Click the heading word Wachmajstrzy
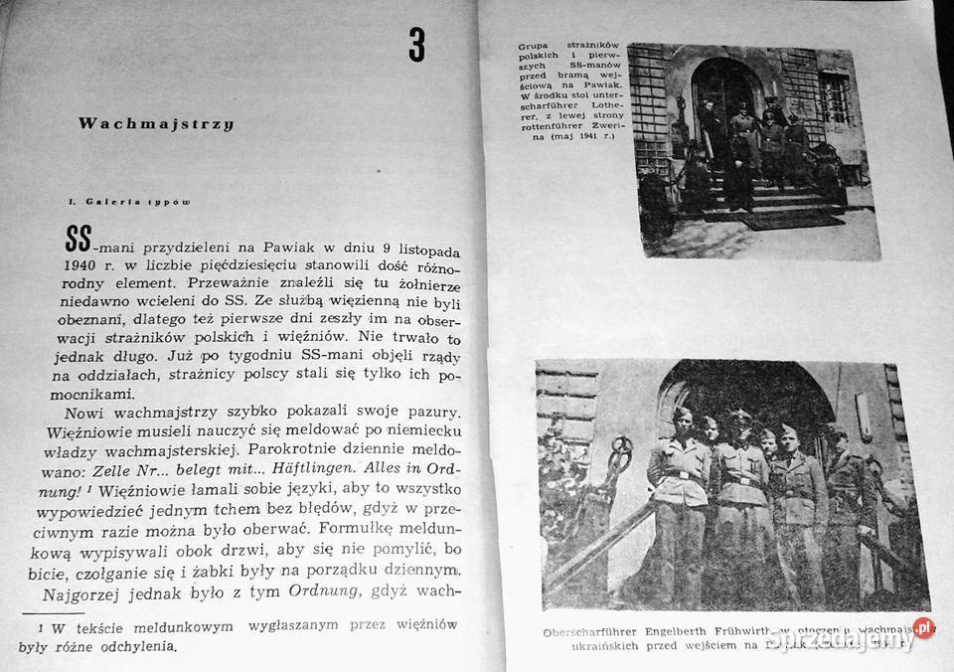(155, 125)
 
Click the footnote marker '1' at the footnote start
(42, 627)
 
